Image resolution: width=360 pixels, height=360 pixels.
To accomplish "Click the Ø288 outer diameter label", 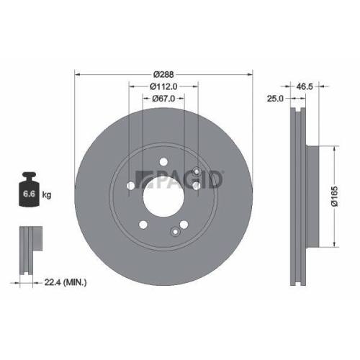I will [165, 73].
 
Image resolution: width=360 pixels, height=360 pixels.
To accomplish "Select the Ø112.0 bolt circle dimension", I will [165, 86].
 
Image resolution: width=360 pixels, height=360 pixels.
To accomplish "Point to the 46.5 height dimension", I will [305, 85].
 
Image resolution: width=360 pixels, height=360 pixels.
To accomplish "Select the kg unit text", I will [47, 194].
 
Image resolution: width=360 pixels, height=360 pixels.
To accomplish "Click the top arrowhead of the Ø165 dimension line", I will [335, 148].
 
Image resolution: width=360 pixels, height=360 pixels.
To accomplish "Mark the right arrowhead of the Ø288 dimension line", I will [251, 73].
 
